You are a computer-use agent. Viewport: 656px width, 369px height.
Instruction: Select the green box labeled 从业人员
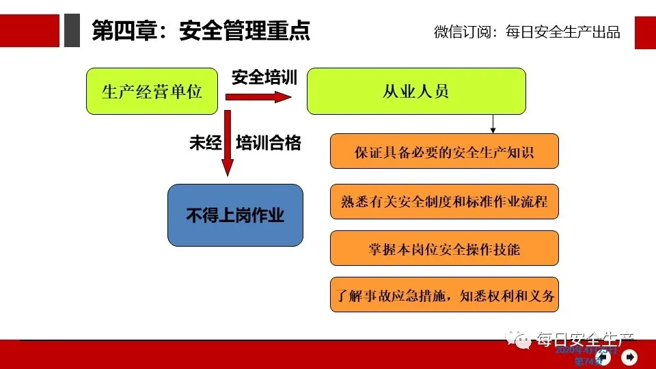tap(416, 91)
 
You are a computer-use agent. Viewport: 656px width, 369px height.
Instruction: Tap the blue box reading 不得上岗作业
tap(235, 215)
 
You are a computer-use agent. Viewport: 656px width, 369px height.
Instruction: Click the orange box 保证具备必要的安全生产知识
tap(444, 151)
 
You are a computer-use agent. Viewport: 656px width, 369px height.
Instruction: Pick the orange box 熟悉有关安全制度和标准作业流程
tap(444, 202)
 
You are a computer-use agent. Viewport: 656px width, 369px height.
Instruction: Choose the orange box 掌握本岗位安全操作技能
tap(444, 248)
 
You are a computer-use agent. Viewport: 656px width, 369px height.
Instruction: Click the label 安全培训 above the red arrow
tap(264, 77)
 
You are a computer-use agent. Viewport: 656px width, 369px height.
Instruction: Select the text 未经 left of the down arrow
tap(205, 143)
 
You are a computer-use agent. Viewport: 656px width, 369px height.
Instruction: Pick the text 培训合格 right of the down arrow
tap(268, 143)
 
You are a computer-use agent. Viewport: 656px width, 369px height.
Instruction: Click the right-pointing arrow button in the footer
tap(629, 357)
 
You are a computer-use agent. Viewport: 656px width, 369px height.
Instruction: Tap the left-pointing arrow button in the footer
tap(604, 357)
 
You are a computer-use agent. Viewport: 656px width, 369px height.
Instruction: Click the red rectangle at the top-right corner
tap(645, 32)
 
